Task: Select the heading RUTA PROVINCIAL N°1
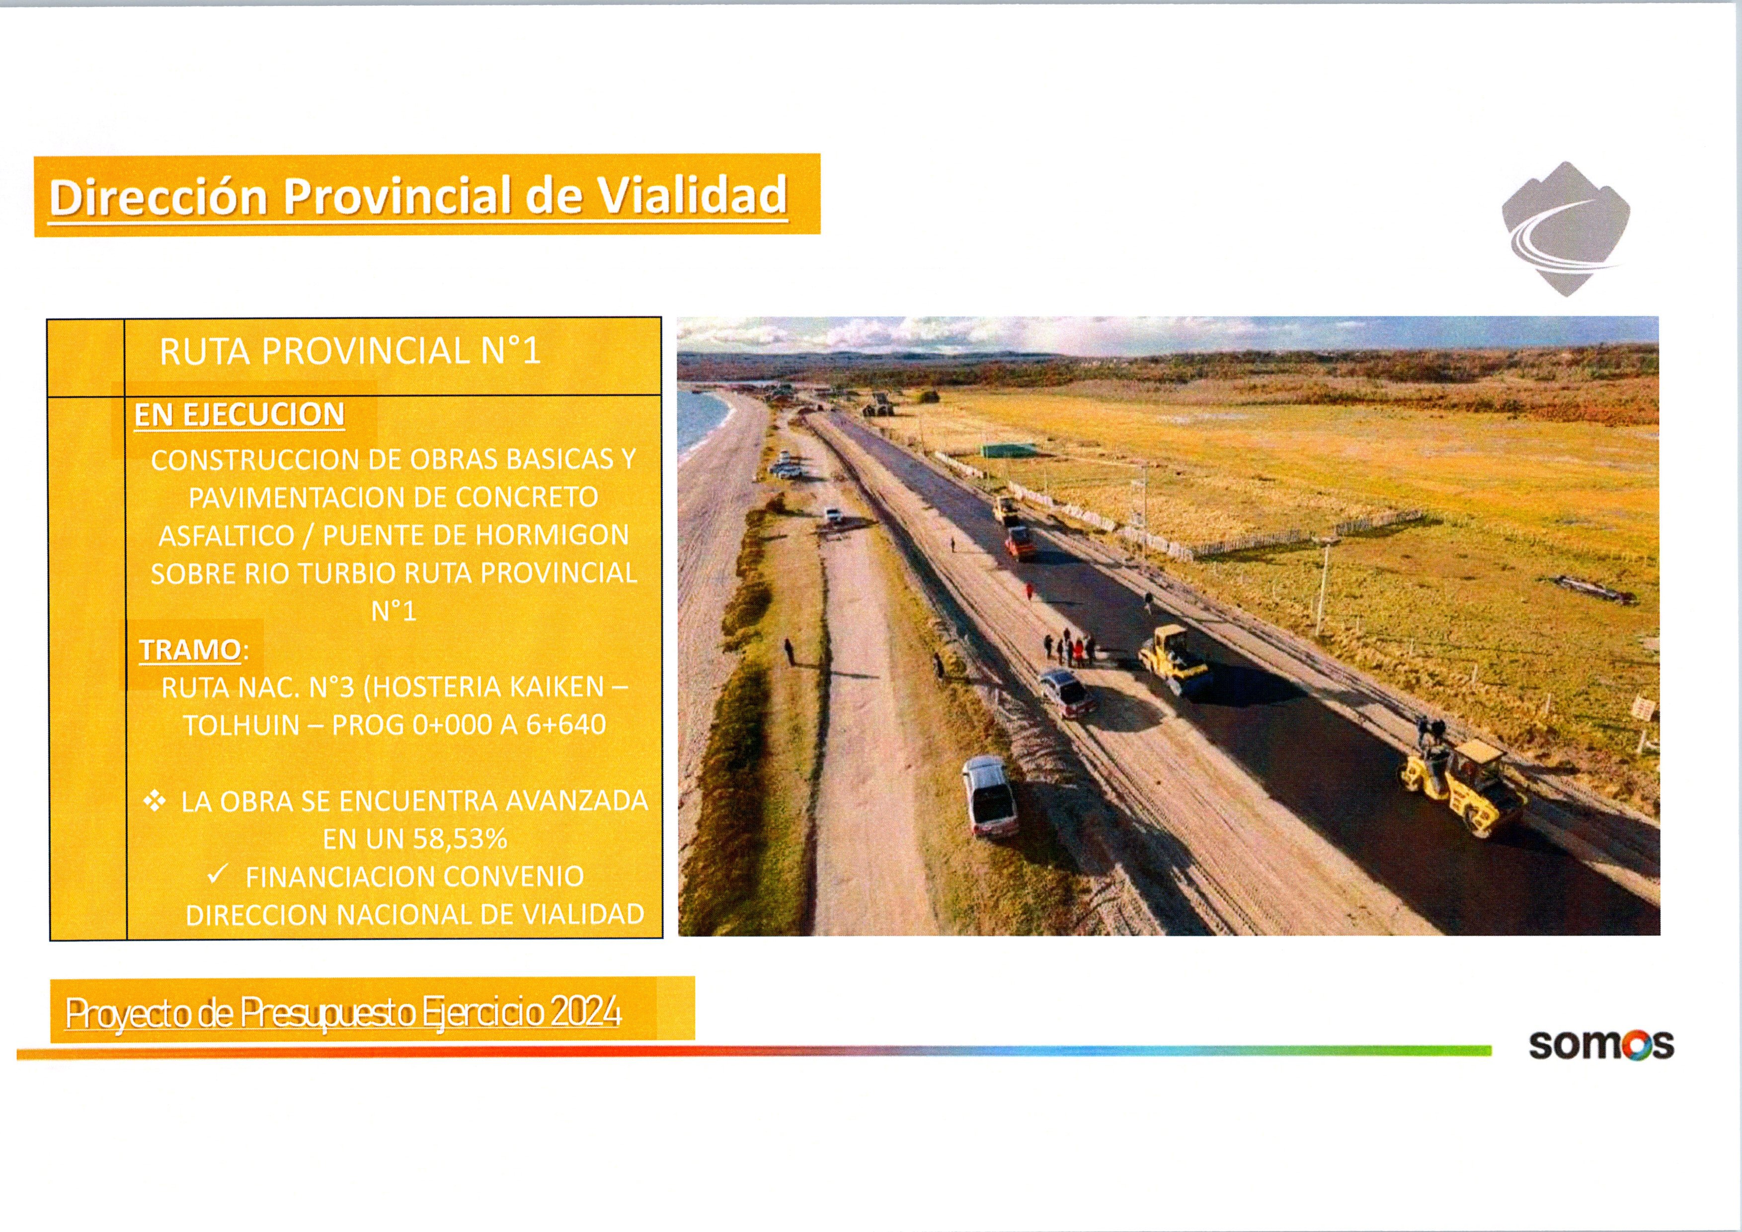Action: click(x=350, y=351)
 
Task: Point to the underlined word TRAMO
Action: click(x=190, y=650)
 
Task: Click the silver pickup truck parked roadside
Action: click(x=989, y=797)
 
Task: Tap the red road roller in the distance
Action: click(x=1020, y=542)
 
